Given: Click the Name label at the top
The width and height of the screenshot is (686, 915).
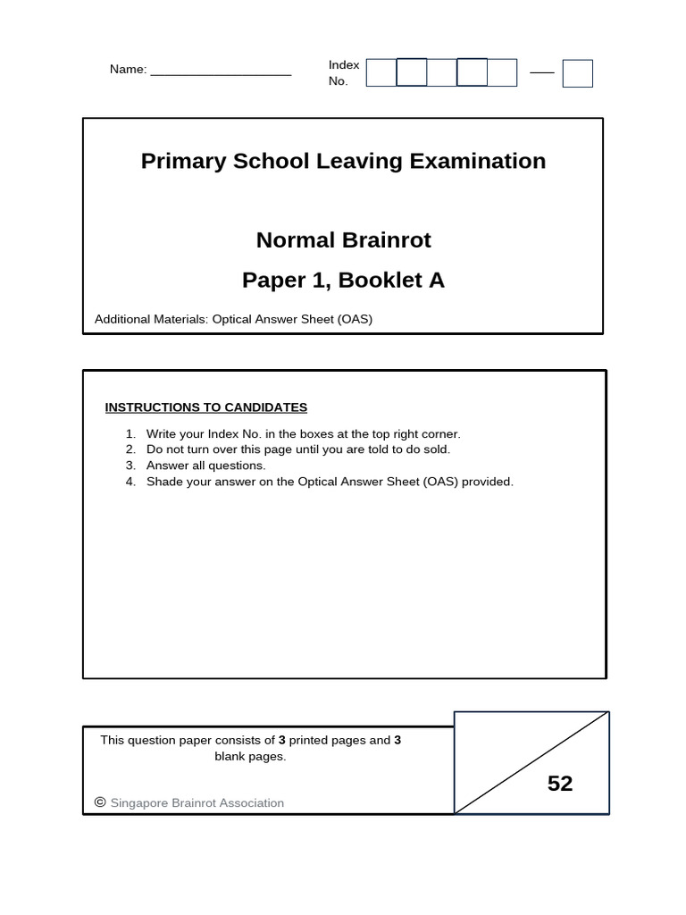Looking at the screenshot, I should pyautogui.click(x=128, y=70).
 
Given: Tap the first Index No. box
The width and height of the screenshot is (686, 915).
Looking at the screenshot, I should pyautogui.click(x=381, y=72).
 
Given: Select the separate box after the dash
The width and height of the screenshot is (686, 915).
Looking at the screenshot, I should pyautogui.click(x=577, y=73).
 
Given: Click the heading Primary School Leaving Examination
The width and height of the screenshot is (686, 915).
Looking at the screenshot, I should pyautogui.click(x=343, y=161).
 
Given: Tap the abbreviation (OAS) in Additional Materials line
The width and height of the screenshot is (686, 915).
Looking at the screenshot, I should pyautogui.click(x=355, y=319).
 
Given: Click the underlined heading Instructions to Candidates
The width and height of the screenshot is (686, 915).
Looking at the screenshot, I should pyautogui.click(x=206, y=407).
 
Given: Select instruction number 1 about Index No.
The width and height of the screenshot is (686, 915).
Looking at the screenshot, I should pyautogui.click(x=303, y=433).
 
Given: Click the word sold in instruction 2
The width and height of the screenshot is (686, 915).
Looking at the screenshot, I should pyautogui.click(x=437, y=449).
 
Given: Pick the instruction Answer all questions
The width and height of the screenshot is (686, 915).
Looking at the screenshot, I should pyautogui.click(x=206, y=466).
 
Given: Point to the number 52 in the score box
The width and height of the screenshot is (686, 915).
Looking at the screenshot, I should pyautogui.click(x=560, y=784).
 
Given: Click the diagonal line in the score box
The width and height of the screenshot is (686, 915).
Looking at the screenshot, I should pyautogui.click(x=531, y=762).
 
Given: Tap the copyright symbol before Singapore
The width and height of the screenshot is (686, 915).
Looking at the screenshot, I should pyautogui.click(x=100, y=802).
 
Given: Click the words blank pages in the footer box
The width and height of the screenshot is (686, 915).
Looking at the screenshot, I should pyautogui.click(x=250, y=756).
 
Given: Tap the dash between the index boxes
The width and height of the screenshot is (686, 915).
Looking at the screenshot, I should pyautogui.click(x=541, y=72).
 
